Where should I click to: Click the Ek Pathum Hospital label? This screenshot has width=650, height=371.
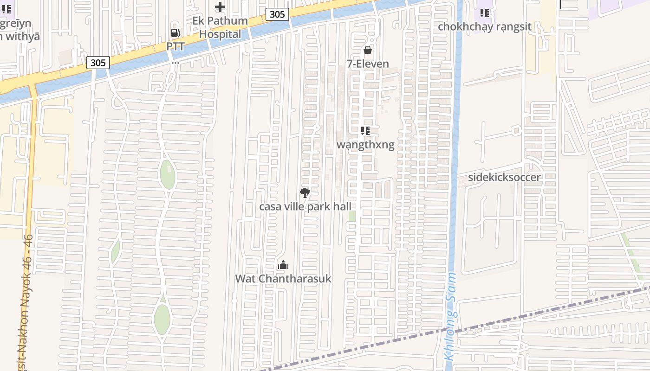220,27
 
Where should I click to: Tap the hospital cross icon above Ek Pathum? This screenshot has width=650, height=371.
220,7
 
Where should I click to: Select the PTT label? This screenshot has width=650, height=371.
175,47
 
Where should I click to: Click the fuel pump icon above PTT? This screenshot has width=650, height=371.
175,33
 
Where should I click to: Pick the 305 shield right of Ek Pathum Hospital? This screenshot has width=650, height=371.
277,14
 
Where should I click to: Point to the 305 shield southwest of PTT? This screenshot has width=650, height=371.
98,62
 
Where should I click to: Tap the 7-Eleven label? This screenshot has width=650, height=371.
368,64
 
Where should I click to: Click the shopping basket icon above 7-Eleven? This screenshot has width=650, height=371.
368,50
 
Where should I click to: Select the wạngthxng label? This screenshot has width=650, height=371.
365,145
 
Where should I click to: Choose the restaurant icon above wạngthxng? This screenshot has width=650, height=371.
365,131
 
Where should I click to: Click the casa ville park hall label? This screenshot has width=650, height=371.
305,206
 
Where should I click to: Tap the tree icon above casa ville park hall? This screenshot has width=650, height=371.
305,193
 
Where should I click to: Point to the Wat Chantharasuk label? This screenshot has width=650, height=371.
283,278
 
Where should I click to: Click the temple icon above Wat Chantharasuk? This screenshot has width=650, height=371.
283,265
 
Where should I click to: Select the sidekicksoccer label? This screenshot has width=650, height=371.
504,177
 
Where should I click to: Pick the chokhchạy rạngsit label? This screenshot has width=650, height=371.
485,26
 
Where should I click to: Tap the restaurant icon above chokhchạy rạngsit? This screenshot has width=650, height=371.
485,13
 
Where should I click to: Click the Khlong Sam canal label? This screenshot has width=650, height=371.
450,316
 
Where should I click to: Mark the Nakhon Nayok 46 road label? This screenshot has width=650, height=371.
26,297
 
